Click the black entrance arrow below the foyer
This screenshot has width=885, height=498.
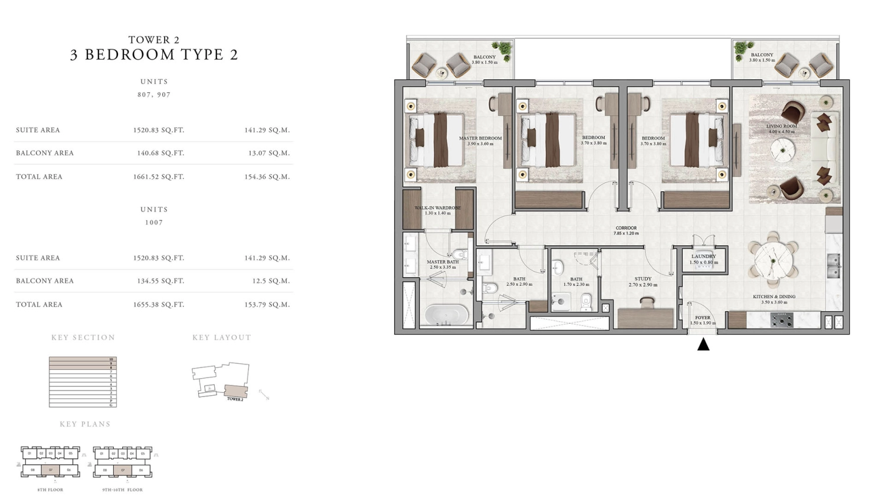click(x=703, y=344)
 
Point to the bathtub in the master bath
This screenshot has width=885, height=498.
click(x=446, y=314)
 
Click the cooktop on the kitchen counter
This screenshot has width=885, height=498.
click(x=782, y=321)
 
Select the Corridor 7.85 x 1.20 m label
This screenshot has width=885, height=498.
click(x=626, y=230)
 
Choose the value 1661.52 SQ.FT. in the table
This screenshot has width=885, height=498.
click(x=159, y=177)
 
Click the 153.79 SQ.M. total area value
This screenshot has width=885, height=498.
click(x=267, y=305)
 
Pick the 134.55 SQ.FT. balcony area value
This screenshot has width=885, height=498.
click(x=160, y=281)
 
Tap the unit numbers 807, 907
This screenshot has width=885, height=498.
click(x=154, y=95)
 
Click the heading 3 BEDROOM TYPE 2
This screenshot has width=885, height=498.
click(x=154, y=55)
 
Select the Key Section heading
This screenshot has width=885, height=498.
click(x=83, y=337)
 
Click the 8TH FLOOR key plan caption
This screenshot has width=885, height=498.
click(x=50, y=490)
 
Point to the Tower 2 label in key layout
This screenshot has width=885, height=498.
click(x=235, y=399)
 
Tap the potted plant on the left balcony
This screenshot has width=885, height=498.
click(x=503, y=48)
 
